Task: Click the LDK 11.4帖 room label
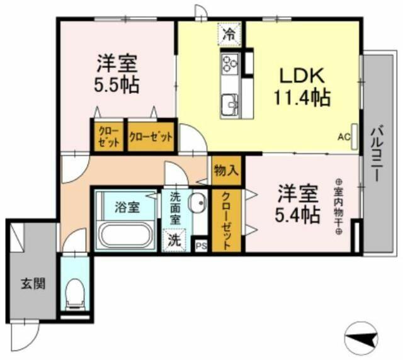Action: click(302, 87)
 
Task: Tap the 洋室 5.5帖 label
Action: click(118, 74)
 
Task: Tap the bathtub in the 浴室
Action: click(124, 235)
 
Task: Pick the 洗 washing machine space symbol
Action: click(172, 240)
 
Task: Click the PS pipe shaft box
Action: click(201, 245)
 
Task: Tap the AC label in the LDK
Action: click(344, 135)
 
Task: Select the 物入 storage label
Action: click(225, 171)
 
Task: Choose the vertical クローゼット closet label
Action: click(225, 221)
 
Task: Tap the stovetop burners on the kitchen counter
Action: click(229, 63)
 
